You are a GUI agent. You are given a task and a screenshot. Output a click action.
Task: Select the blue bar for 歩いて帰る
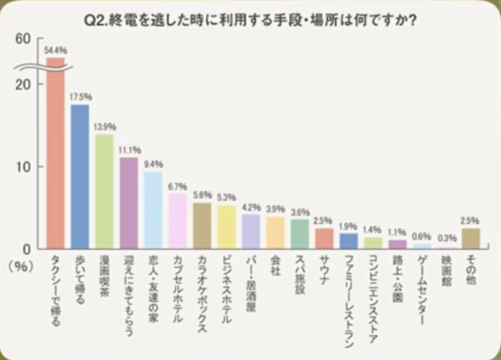pos(80,176)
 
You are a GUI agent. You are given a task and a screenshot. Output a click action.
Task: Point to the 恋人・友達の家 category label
pos(154,283)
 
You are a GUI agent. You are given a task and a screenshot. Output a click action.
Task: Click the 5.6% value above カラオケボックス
pos(202,196)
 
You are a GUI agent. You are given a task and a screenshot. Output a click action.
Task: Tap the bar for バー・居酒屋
pos(251,231)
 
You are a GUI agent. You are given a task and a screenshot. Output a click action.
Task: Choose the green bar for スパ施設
pos(300,233)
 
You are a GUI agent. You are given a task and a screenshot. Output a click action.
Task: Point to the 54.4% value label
pos(56,51)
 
